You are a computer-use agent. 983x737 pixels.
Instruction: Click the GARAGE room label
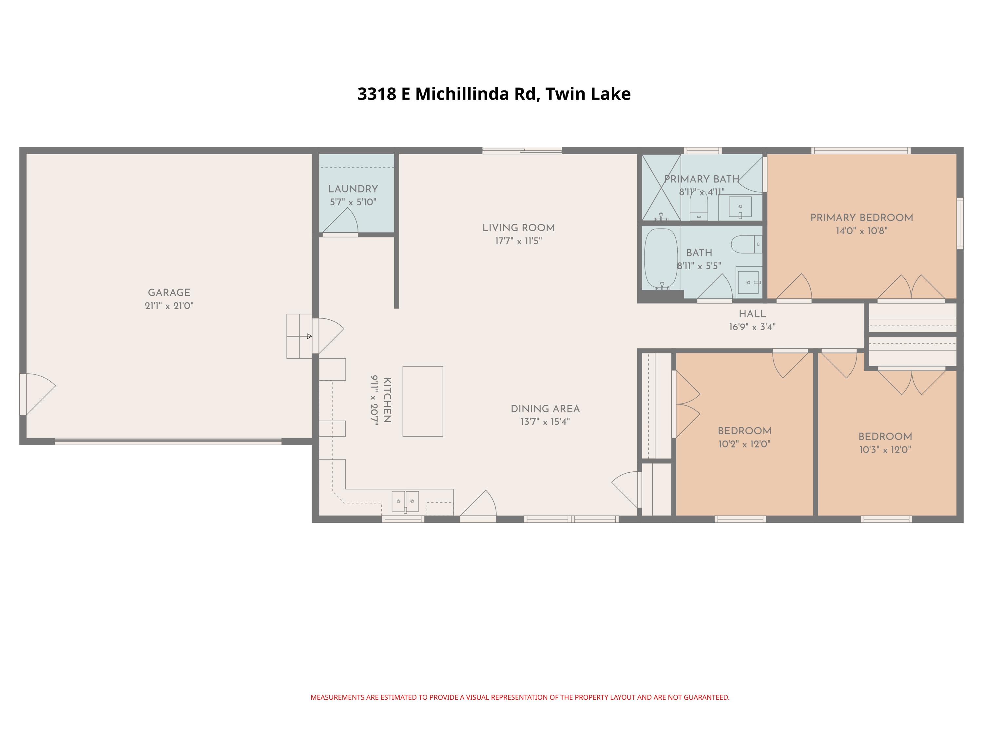click(x=169, y=292)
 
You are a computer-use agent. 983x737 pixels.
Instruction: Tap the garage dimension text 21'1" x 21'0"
click(x=169, y=306)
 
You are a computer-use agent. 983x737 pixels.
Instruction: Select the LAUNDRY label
click(x=353, y=189)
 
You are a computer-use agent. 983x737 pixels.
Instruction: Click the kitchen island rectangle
click(x=423, y=401)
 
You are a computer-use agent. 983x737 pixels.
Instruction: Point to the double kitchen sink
click(x=405, y=501)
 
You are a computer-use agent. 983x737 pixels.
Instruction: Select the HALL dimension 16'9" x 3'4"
click(x=752, y=327)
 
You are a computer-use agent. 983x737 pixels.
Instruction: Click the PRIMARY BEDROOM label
click(x=861, y=218)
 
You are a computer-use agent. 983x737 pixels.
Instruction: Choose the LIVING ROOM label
click(x=518, y=228)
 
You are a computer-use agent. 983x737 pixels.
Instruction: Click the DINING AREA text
click(x=545, y=409)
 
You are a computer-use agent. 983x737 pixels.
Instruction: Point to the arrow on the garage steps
click(x=309, y=336)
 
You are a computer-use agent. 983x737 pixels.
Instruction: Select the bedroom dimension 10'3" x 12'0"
click(x=885, y=450)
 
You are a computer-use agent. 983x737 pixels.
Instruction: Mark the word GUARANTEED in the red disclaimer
click(x=706, y=697)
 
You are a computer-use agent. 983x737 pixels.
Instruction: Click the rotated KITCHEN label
click(x=387, y=400)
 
